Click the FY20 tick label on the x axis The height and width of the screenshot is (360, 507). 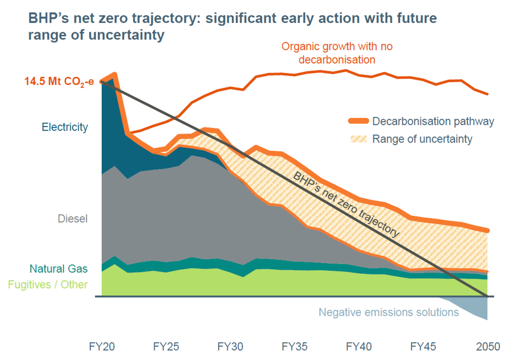tap(102, 347)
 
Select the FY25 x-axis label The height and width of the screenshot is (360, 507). tap(166, 347)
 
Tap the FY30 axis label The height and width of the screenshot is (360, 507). tap(230, 347)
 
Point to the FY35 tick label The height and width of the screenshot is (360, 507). tap(294, 347)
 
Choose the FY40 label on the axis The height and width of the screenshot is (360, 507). tap(359, 347)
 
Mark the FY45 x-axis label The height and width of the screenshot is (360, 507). tap(423, 347)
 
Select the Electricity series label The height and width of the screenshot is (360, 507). tap(65, 127)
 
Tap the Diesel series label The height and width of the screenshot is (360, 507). tap(72, 219)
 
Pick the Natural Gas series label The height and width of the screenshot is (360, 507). tap(59, 268)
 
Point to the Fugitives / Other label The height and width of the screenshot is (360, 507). tap(48, 284)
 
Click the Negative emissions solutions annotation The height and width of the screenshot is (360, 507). tap(388, 312)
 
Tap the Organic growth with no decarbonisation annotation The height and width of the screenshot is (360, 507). tap(337, 53)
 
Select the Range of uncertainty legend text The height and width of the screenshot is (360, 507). tap(422, 139)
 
